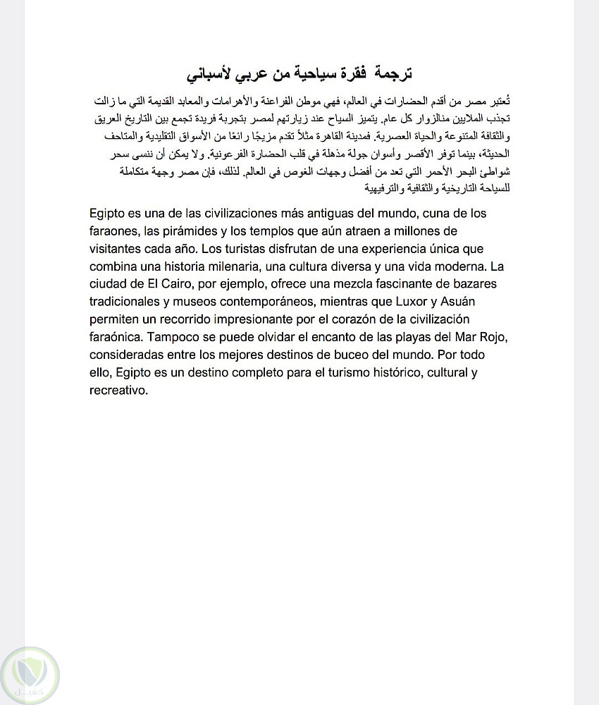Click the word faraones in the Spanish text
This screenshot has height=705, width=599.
tap(114, 231)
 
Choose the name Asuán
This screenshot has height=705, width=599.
tap(463, 302)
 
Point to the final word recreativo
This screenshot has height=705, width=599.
tap(118, 390)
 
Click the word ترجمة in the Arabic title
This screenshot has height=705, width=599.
tap(393, 74)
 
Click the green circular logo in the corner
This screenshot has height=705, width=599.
tap(30, 675)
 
